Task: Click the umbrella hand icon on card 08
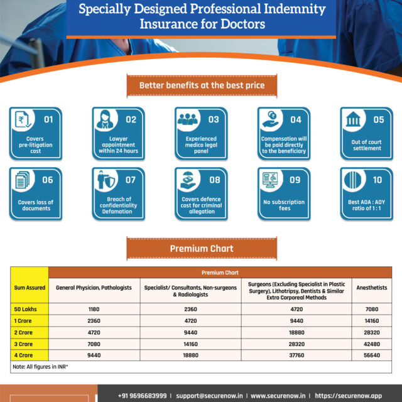pyautogui.click(x=189, y=182)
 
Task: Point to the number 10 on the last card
pyautogui.click(x=377, y=179)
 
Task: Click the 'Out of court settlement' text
pyautogui.click(x=366, y=145)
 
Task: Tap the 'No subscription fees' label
pyautogui.click(x=284, y=205)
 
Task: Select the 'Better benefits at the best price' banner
pyautogui.click(x=201, y=85)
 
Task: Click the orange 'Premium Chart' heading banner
pyautogui.click(x=201, y=248)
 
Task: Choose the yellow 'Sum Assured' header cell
pyautogui.click(x=29, y=287)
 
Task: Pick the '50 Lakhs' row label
pyautogui.click(x=25, y=308)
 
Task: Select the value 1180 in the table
pyautogui.click(x=94, y=308)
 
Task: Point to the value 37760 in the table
pyautogui.click(x=296, y=354)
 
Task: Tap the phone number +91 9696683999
pyautogui.click(x=142, y=396)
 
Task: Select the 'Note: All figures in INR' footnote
pyautogui.click(x=39, y=366)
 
